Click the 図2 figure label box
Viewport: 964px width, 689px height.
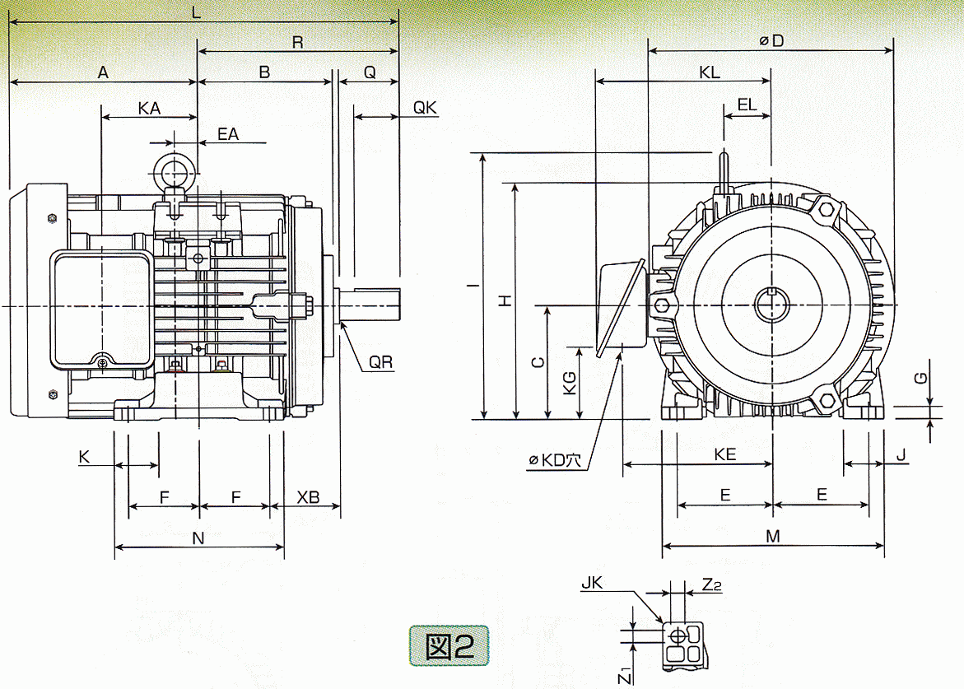tap(448, 645)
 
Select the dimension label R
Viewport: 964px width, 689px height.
tap(297, 43)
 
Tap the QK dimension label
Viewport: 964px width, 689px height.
tap(425, 108)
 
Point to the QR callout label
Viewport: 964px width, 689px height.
tap(380, 362)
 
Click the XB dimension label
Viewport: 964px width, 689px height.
tap(308, 498)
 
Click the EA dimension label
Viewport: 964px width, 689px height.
tap(228, 133)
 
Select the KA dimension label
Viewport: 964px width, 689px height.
tap(149, 108)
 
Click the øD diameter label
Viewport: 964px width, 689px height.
tap(771, 40)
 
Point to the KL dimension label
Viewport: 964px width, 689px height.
tap(709, 72)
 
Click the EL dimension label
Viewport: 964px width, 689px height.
tap(747, 105)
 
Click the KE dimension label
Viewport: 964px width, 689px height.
tap(724, 454)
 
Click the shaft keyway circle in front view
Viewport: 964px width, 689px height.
tap(771, 305)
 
